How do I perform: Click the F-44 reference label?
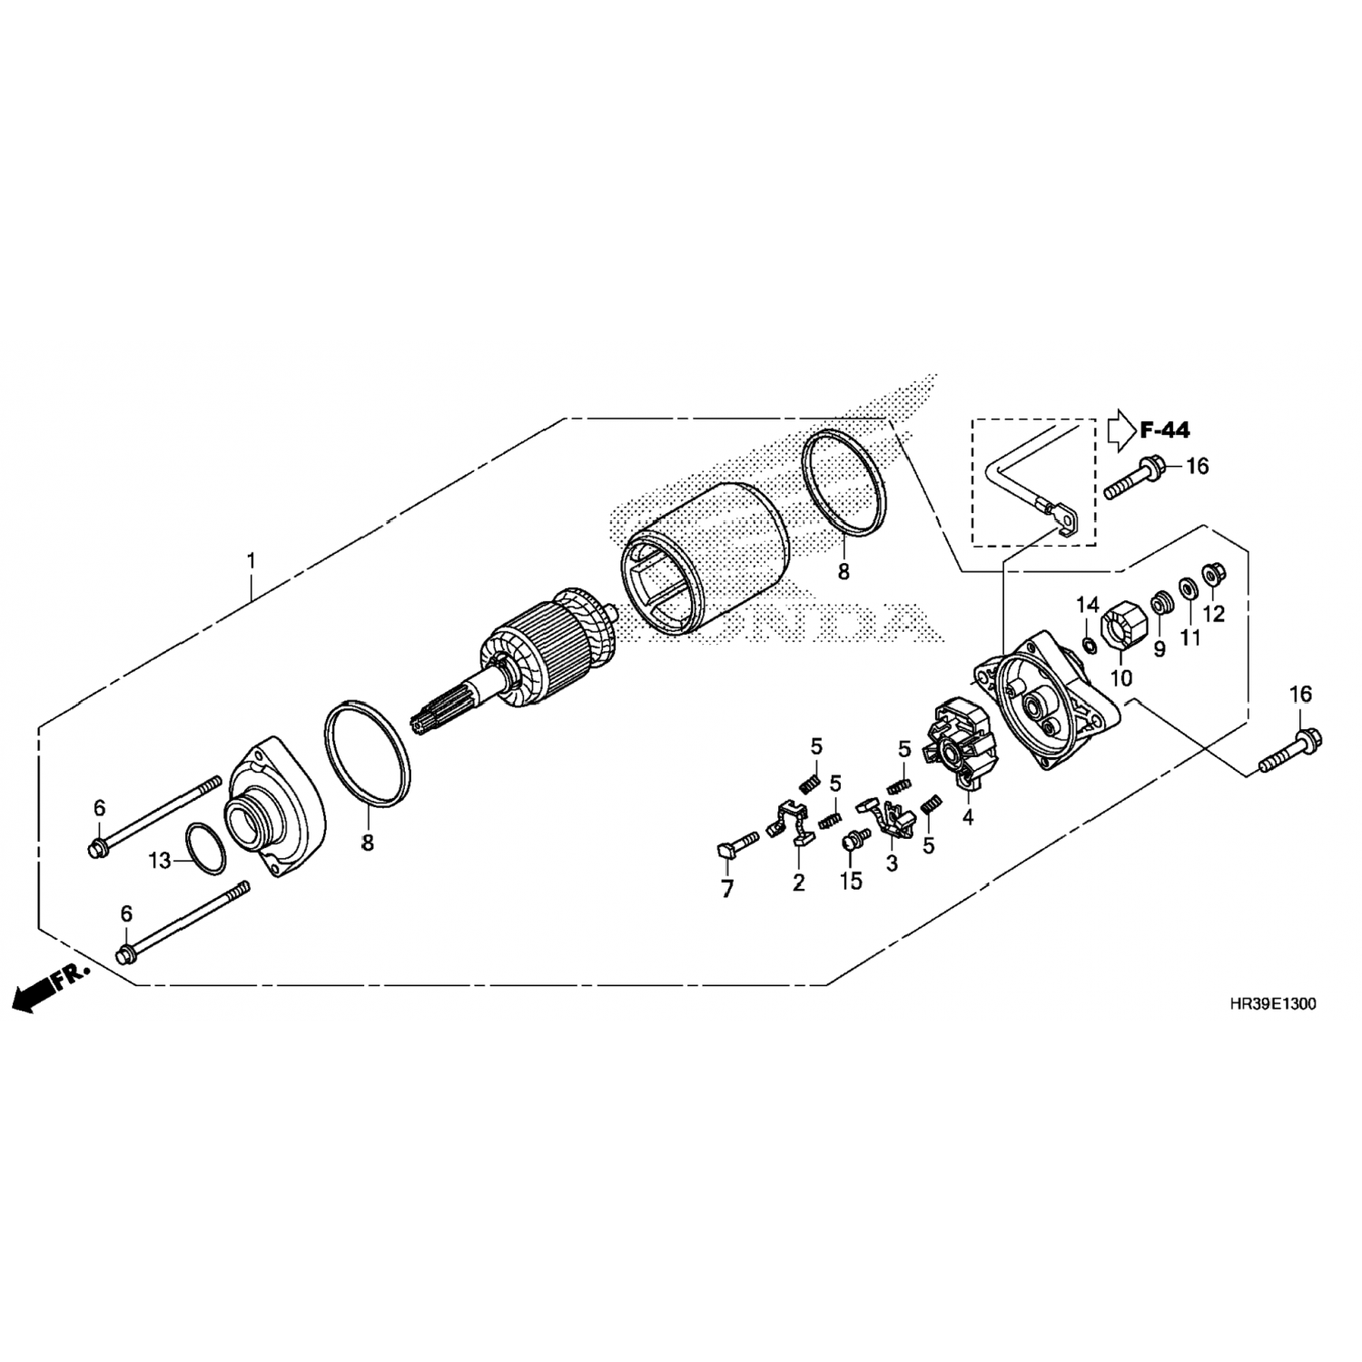click(1165, 429)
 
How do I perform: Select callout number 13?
click(160, 860)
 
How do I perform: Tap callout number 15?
click(851, 882)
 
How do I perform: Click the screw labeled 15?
click(853, 842)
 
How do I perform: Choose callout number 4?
click(968, 817)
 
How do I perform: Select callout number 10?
click(1121, 677)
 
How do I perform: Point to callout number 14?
click(1088, 605)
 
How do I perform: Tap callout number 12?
click(1214, 614)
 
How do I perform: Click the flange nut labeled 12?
click(1211, 575)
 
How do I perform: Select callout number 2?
click(798, 882)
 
